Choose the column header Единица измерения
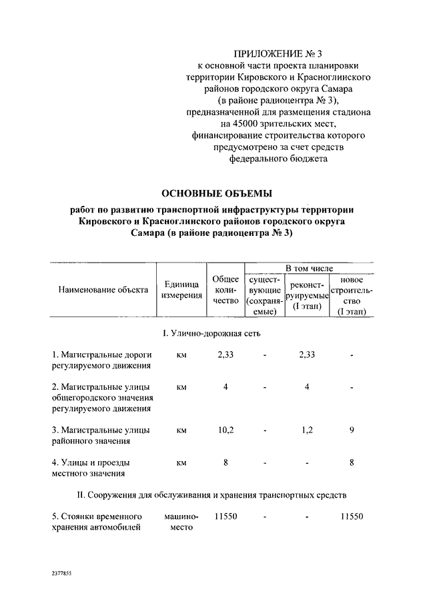click(x=181, y=289)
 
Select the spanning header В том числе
click(x=309, y=268)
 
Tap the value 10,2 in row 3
click(x=226, y=430)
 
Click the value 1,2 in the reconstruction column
click(x=307, y=430)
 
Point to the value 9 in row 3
click(x=352, y=430)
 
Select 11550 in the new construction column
click(x=352, y=516)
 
